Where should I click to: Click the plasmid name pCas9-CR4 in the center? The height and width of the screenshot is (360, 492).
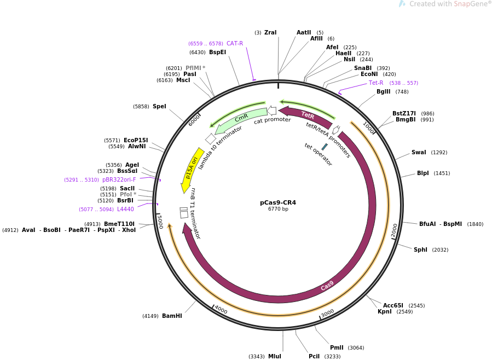click(277, 202)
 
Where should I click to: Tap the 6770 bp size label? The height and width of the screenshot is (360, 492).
click(277, 209)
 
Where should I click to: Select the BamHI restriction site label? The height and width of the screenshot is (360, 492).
click(172, 316)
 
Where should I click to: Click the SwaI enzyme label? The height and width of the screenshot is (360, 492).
click(419, 153)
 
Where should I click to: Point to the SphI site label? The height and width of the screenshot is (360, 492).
click(420, 250)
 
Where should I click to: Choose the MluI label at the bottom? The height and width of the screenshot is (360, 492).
click(274, 356)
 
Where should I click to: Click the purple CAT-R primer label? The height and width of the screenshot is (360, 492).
click(235, 44)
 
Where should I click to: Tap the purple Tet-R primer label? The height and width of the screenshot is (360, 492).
click(376, 83)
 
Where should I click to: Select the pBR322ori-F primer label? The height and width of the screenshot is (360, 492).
click(119, 179)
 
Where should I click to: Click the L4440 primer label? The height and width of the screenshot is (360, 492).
click(125, 209)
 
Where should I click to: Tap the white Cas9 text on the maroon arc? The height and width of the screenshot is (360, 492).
click(327, 286)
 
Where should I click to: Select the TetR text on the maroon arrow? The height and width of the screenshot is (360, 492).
click(308, 115)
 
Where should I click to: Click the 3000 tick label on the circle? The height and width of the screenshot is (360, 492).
click(327, 312)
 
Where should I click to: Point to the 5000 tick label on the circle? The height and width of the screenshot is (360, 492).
click(160, 222)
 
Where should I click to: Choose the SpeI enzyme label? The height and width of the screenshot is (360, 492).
click(159, 107)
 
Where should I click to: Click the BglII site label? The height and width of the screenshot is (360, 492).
click(383, 92)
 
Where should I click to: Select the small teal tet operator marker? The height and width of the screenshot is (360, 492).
click(325, 147)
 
